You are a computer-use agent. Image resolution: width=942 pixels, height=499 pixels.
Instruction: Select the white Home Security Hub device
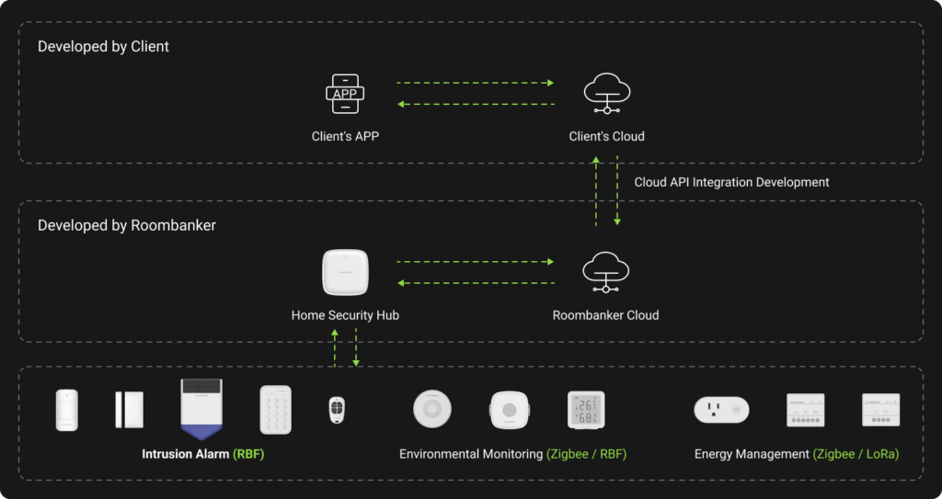345,273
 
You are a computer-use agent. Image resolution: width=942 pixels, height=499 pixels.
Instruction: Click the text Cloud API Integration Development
731,182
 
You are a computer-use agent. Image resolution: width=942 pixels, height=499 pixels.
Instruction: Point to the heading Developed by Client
103,46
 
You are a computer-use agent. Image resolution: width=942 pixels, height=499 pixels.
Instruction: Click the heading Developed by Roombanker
127,225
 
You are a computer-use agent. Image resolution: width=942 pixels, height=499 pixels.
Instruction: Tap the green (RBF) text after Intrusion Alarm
248,454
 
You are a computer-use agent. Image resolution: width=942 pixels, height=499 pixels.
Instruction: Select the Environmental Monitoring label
471,454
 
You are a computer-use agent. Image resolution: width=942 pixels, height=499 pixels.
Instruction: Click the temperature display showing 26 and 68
586,410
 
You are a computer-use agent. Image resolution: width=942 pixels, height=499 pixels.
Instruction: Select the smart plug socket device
721,410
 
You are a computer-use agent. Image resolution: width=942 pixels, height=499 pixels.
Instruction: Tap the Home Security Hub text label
345,315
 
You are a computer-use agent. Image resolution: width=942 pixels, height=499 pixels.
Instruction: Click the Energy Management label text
751,454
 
